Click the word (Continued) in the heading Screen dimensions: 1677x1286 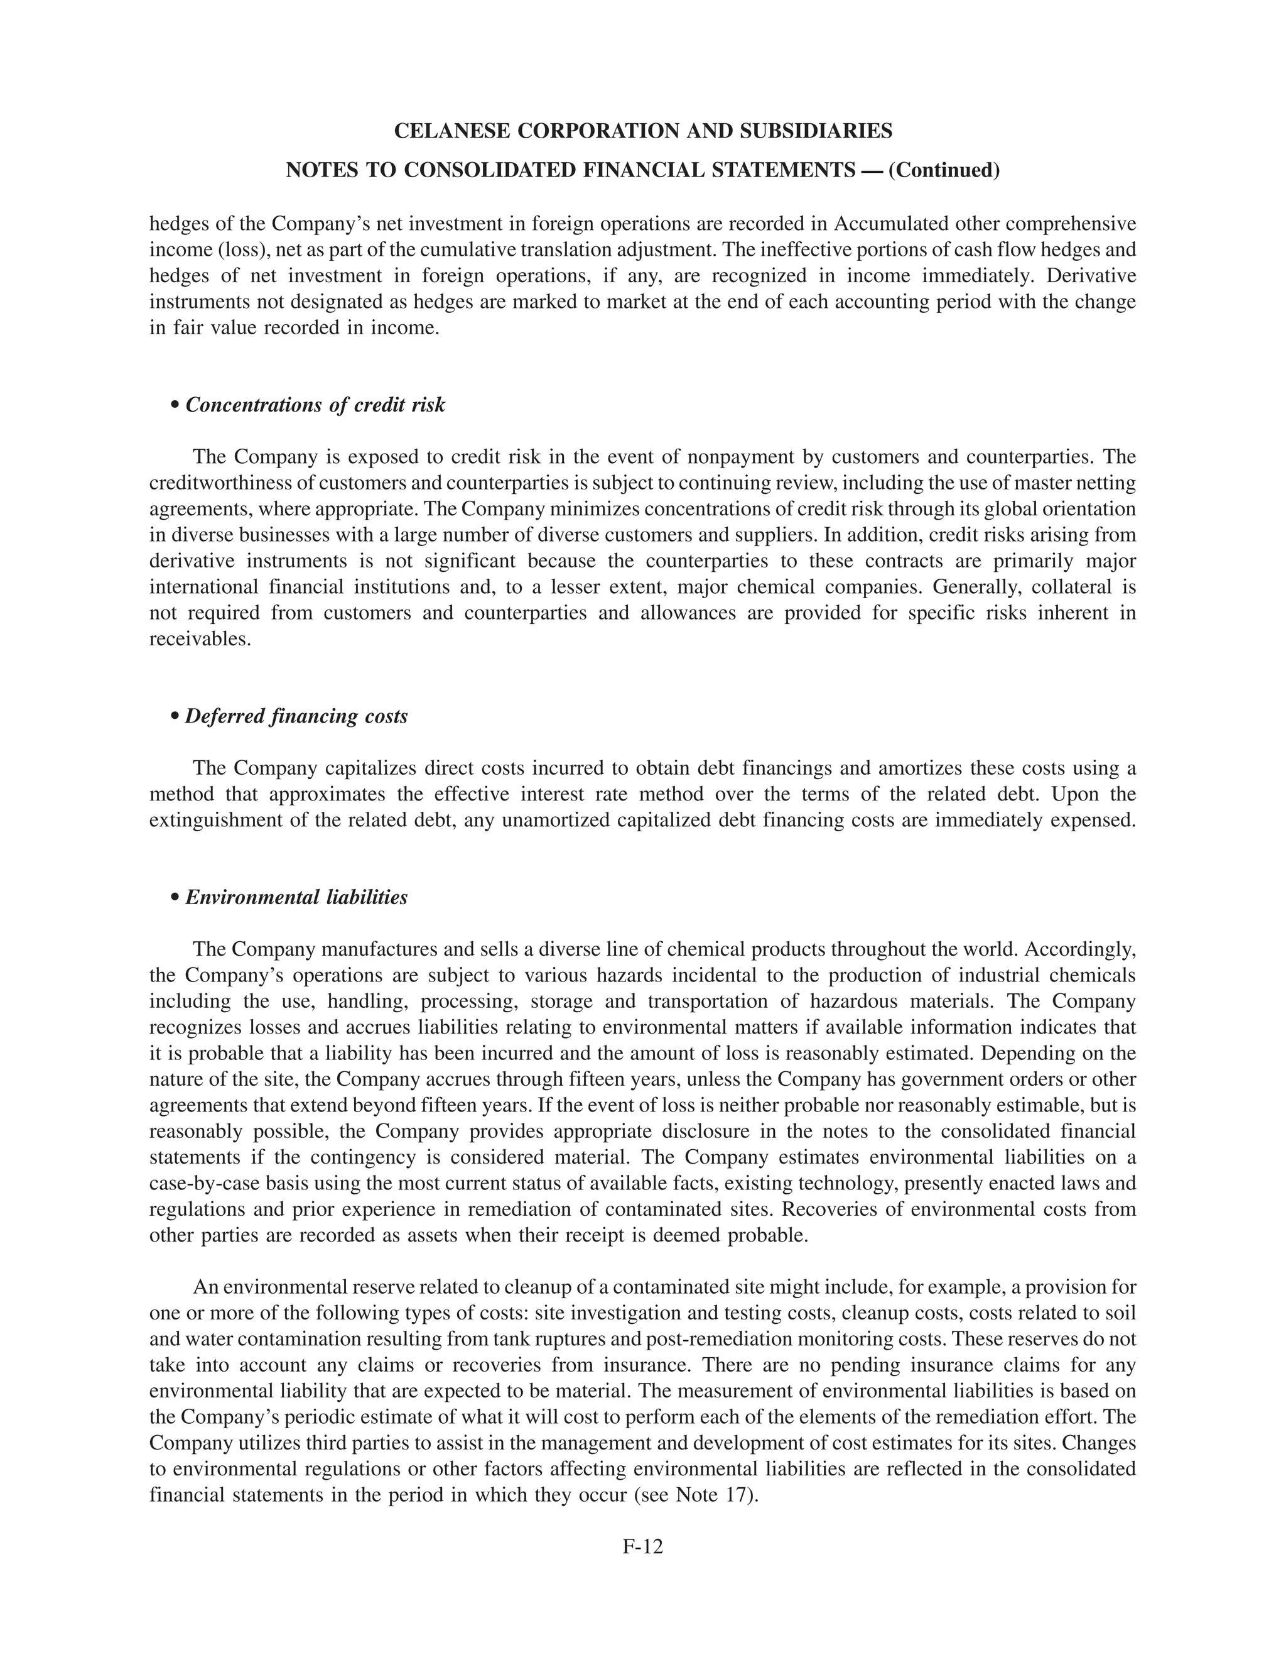tap(944, 170)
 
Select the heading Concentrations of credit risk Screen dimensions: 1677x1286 tap(315, 405)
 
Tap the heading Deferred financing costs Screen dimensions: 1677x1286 tap(296, 717)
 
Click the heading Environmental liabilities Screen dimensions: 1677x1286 tap(296, 897)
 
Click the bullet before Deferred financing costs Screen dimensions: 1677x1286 tap(175, 718)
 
